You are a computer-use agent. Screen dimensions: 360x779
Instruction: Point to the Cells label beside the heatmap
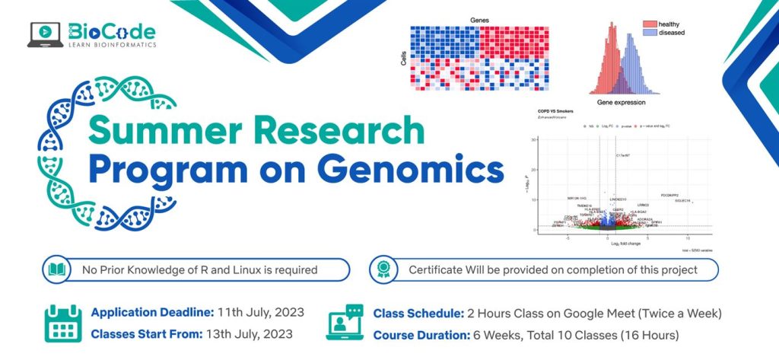tap(402, 58)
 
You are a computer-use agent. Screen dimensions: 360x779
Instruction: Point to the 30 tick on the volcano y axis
tap(535, 139)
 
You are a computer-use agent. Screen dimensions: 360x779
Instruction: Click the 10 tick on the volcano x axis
tap(688, 238)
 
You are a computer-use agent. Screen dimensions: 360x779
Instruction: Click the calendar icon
tap(62, 323)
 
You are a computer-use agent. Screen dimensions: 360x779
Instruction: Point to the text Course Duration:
tap(421, 333)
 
